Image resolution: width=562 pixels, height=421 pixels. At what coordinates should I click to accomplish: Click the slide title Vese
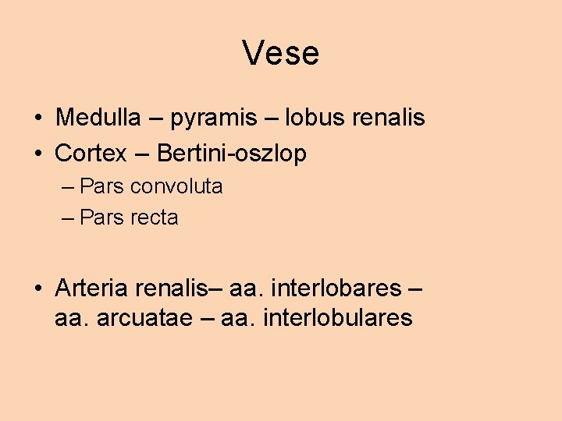[281, 54]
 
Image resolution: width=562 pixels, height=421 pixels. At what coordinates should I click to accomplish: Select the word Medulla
[98, 118]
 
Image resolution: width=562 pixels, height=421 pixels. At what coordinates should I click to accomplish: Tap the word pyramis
[213, 119]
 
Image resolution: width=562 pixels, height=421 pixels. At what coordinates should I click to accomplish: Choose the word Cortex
[91, 154]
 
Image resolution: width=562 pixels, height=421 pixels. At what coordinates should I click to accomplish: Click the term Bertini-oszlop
[232, 154]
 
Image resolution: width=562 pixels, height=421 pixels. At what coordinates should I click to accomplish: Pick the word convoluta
[176, 186]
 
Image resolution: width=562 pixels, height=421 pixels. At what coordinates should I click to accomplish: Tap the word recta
[155, 218]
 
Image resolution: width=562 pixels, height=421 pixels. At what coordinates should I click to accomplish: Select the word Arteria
[91, 288]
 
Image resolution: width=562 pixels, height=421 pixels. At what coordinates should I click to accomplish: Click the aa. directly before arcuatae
[73, 318]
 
